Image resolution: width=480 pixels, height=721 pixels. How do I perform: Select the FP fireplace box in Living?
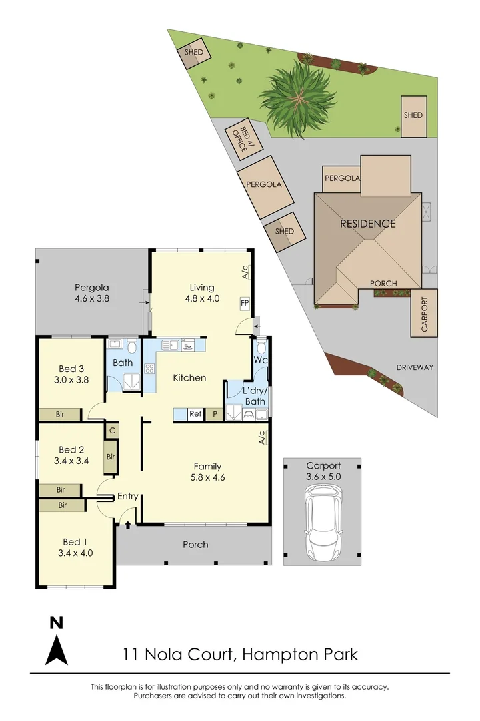pos(245,303)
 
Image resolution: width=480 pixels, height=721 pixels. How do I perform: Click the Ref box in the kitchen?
pos(195,414)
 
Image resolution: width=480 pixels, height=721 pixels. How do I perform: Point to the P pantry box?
pos(215,414)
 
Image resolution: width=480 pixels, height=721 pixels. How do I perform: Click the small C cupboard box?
pos(112,431)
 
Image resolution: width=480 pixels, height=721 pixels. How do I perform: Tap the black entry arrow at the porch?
pos(128,525)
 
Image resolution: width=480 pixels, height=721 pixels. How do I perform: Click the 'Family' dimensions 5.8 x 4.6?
pos(207,477)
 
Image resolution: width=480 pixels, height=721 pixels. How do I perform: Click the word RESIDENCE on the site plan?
pos(367,224)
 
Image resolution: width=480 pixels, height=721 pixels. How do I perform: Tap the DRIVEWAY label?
pos(415,367)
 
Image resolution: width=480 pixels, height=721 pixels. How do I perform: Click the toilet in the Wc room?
pos(261,348)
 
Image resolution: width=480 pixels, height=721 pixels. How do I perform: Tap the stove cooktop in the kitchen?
pos(149,368)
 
